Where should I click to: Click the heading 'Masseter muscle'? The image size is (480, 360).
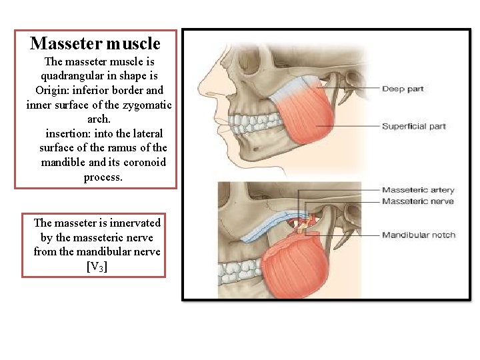click(x=95, y=44)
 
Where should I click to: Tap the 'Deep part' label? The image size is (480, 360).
click(x=403, y=89)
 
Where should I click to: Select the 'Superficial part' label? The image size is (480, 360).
click(x=413, y=126)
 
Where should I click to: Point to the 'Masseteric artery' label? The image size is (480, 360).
click(x=418, y=190)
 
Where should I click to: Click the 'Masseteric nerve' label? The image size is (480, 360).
click(x=417, y=201)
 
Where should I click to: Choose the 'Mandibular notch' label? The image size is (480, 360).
click(x=419, y=235)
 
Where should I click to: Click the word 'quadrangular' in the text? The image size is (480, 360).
click(x=72, y=75)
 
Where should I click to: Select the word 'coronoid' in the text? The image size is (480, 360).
click(x=143, y=162)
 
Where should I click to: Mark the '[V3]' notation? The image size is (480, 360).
click(x=97, y=266)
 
